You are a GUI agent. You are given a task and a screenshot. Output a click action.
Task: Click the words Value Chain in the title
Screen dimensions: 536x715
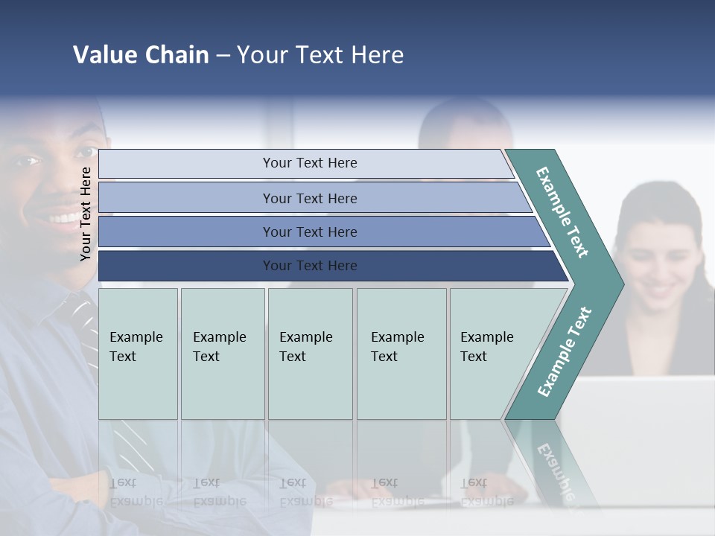tap(141, 55)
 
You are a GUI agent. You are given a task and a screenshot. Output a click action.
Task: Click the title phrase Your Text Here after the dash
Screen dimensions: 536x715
tap(320, 55)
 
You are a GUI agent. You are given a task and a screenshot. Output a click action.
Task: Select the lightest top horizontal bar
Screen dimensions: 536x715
tap(309, 163)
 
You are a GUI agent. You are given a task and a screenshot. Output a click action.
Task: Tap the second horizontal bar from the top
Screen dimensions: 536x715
tap(309, 198)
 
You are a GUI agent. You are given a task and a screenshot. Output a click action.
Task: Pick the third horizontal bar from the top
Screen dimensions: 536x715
tap(309, 232)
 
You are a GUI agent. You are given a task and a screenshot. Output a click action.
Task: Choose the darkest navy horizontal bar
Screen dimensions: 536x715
tap(309, 266)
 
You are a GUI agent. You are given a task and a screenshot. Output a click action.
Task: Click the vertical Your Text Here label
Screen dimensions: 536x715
tap(86, 214)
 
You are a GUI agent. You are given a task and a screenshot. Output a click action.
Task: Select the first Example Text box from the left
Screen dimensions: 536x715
tap(138, 353)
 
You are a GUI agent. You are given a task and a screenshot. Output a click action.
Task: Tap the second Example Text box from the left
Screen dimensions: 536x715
tap(222, 353)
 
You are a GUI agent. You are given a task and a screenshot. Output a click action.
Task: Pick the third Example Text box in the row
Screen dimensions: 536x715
tap(310, 353)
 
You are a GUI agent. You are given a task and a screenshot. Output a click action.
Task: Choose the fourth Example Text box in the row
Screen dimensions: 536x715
tap(401, 353)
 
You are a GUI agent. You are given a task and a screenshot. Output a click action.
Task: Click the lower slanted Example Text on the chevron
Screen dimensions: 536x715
tap(564, 351)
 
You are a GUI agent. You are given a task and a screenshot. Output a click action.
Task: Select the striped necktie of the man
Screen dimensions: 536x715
tap(86, 328)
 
